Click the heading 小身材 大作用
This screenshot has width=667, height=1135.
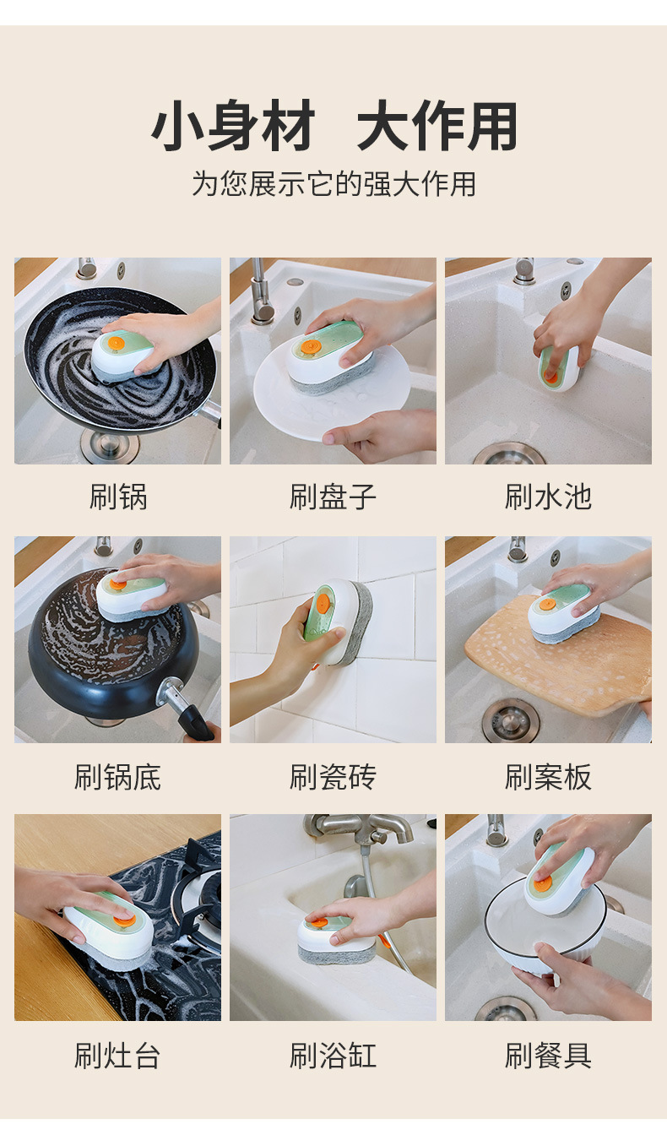(x=334, y=125)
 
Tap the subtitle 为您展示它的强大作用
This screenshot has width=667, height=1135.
(x=333, y=183)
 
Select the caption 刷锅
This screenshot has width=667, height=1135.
(x=118, y=497)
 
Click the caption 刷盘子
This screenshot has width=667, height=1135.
(x=333, y=497)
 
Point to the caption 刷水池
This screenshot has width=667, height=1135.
(x=548, y=497)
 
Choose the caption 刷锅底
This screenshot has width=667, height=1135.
(x=117, y=777)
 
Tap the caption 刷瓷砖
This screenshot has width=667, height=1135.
(x=333, y=777)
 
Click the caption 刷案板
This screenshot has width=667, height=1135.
(x=548, y=777)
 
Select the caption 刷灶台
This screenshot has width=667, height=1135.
(x=117, y=1056)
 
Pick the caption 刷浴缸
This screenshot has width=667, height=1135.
(x=333, y=1056)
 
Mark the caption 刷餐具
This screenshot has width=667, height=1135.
(x=548, y=1056)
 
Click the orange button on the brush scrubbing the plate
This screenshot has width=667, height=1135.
(x=310, y=347)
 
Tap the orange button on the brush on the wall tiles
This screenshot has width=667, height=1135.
(x=323, y=603)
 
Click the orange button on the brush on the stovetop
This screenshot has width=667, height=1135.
(x=125, y=920)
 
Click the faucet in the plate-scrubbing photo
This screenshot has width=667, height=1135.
(x=261, y=291)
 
